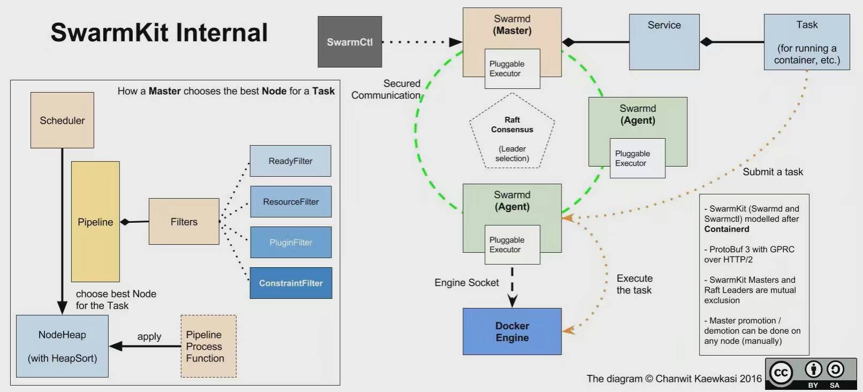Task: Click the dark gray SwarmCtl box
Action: [350, 42]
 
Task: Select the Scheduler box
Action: [62, 120]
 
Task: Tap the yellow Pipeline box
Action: [95, 222]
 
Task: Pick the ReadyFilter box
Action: [290, 161]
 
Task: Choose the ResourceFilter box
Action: [291, 201]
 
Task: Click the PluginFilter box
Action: [291, 242]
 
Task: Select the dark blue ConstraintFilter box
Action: [291, 283]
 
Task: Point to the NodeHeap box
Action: [62, 346]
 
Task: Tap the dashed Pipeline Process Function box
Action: [208, 346]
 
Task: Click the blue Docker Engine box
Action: [512, 331]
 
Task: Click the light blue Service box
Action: [664, 42]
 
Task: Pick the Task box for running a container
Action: [807, 42]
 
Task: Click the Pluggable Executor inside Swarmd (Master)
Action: [512, 69]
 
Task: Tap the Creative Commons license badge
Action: [811, 373]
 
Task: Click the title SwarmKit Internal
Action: [159, 32]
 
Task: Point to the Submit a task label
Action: [773, 172]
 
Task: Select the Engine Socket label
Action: [466, 283]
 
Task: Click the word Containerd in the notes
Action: [726, 229]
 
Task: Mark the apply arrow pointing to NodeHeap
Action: [145, 346]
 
